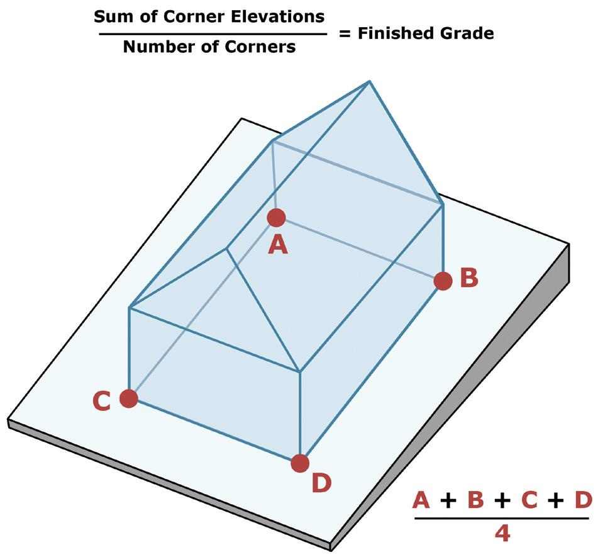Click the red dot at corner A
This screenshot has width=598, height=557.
pyautogui.click(x=276, y=218)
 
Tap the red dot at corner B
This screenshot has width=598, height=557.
pyautogui.click(x=443, y=281)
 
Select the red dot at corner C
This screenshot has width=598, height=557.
pyautogui.click(x=129, y=398)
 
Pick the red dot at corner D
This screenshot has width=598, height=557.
pyautogui.click(x=301, y=463)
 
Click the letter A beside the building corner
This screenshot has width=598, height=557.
pyautogui.click(x=277, y=244)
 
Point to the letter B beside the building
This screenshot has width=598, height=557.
pyautogui.click(x=469, y=278)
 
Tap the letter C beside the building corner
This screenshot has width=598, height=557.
pyautogui.click(x=102, y=401)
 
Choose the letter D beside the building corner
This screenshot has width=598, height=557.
pyautogui.click(x=321, y=483)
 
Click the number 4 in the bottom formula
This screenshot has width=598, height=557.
pyautogui.click(x=502, y=534)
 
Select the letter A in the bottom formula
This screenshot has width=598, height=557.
pyautogui.click(x=421, y=501)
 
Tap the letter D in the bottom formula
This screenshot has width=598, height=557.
pyautogui.click(x=583, y=501)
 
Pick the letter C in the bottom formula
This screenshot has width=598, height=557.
pyautogui.click(x=530, y=501)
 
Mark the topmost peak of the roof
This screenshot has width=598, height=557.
pyautogui.click(x=369, y=82)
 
